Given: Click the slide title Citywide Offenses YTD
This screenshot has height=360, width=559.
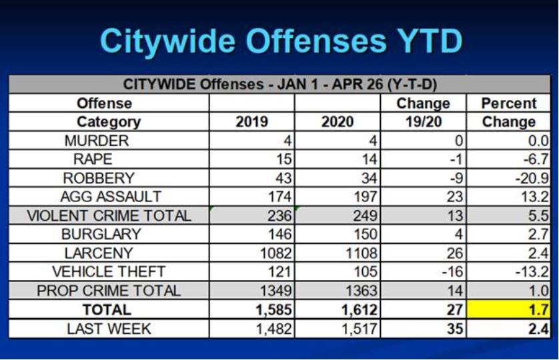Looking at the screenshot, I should point(281,41).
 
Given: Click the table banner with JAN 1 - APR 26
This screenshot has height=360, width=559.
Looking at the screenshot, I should point(280,85).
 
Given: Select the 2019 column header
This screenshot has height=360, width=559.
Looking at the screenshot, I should point(251,122).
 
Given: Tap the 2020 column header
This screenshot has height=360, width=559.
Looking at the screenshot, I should point(337,122).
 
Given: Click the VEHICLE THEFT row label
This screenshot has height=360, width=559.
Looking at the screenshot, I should point(109,272).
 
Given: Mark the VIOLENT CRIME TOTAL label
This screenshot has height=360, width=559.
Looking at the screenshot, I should point(109,216).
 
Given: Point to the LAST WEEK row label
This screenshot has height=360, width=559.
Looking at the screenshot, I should point(109,329).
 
